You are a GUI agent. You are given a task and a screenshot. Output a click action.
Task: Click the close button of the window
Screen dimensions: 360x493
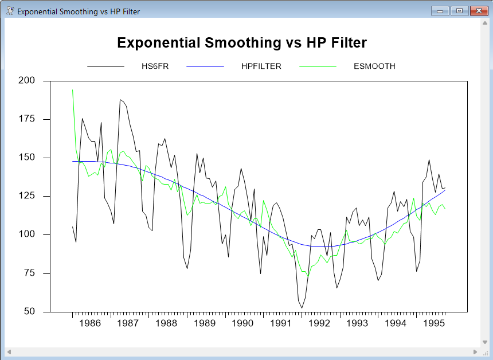pyautogui.click(x=477, y=11)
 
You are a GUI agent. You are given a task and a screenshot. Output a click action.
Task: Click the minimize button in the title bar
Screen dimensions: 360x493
pyautogui.click(x=441, y=11)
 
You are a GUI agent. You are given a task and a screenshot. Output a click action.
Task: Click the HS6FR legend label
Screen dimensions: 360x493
pyautogui.click(x=155, y=66)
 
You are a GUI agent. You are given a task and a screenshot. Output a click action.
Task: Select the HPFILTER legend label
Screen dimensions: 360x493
pyautogui.click(x=261, y=66)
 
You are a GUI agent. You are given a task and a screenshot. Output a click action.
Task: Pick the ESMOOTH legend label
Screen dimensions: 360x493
pyautogui.click(x=374, y=66)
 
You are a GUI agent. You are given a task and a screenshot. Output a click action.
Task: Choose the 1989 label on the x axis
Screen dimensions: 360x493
pyautogui.click(x=204, y=323)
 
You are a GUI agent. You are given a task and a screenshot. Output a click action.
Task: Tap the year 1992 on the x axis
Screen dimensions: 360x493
pyautogui.click(x=319, y=323)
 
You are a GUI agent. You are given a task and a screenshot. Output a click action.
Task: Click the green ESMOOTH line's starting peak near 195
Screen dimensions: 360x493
pyautogui.click(x=72, y=89)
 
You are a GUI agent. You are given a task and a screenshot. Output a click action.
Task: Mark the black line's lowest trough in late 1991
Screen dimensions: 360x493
pyautogui.click(x=302, y=308)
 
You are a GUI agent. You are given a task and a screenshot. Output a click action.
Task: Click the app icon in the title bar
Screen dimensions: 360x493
pyautogui.click(x=10, y=11)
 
